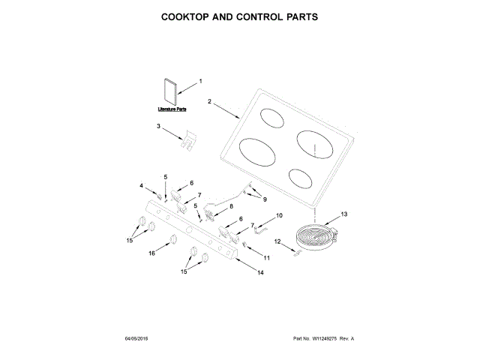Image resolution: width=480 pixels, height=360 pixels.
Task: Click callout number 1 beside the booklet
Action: pos(200,82)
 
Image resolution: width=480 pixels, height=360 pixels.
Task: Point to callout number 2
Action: pos(210,101)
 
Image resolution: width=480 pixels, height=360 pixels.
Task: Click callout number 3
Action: pos(159,127)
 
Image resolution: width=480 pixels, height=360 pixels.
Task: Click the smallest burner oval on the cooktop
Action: pos(299,178)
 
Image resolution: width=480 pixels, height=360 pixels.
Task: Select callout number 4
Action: pos(140,185)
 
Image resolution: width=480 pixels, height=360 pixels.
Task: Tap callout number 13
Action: pos(344,214)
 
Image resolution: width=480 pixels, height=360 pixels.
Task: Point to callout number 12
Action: pos(277,241)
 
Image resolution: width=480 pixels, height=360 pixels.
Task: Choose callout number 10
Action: pos(280,215)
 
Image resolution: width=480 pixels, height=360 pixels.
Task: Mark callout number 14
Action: pos(260,273)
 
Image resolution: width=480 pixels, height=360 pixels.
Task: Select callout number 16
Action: pos(151,253)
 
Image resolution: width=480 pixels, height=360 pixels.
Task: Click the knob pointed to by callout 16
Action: pos(172,239)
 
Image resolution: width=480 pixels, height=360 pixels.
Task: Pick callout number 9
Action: pos(263,199)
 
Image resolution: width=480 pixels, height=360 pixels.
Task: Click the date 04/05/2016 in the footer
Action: pos(136,339)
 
